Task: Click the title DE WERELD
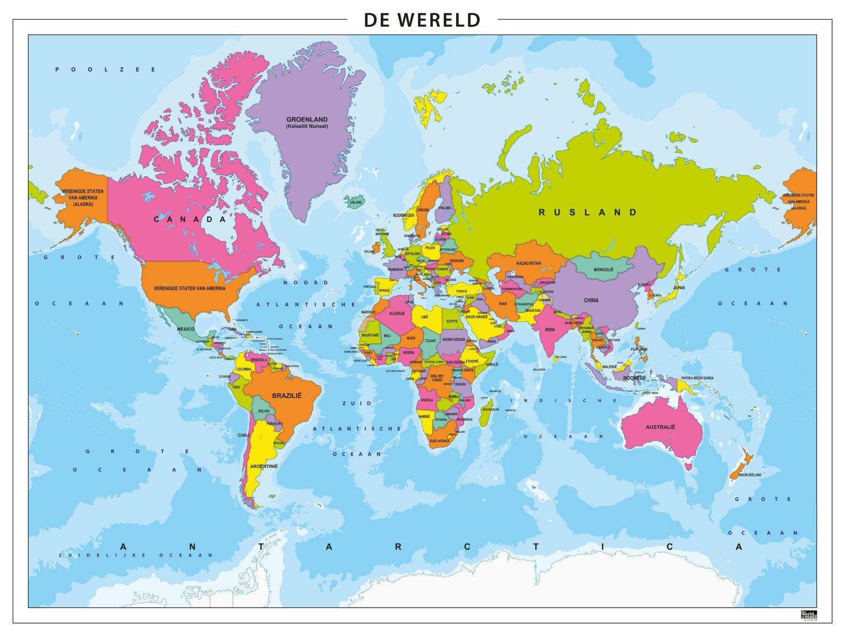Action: click(422, 20)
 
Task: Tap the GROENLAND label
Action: click(306, 119)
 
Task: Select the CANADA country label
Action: click(190, 219)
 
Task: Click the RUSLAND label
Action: click(588, 213)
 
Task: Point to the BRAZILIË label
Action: click(287, 395)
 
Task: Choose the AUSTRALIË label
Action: click(660, 427)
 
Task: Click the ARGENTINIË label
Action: click(264, 466)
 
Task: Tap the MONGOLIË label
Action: click(603, 270)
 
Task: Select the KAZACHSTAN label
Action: click(528, 263)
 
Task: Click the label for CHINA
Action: click(591, 300)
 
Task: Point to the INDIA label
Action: click(550, 330)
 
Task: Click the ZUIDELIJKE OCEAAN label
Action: click(135, 555)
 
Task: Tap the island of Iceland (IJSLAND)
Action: click(355, 201)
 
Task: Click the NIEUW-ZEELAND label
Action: click(750, 475)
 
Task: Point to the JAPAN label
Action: click(679, 287)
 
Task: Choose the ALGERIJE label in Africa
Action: click(397, 313)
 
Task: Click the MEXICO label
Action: click(185, 329)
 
